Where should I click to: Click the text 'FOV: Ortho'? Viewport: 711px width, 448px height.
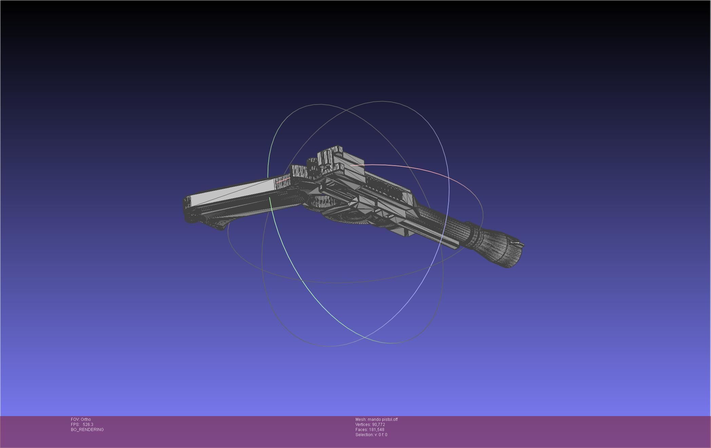point(81,419)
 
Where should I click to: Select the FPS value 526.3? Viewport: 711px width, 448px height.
point(88,425)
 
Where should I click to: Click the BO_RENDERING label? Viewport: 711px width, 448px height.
point(87,430)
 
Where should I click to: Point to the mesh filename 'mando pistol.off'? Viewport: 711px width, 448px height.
point(383,419)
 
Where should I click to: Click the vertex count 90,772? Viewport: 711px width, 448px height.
point(379,425)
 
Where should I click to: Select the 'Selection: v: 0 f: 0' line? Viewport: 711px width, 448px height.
point(371,435)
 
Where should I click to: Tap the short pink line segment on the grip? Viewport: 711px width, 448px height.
point(283,180)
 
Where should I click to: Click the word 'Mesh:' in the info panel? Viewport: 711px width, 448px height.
point(361,419)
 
